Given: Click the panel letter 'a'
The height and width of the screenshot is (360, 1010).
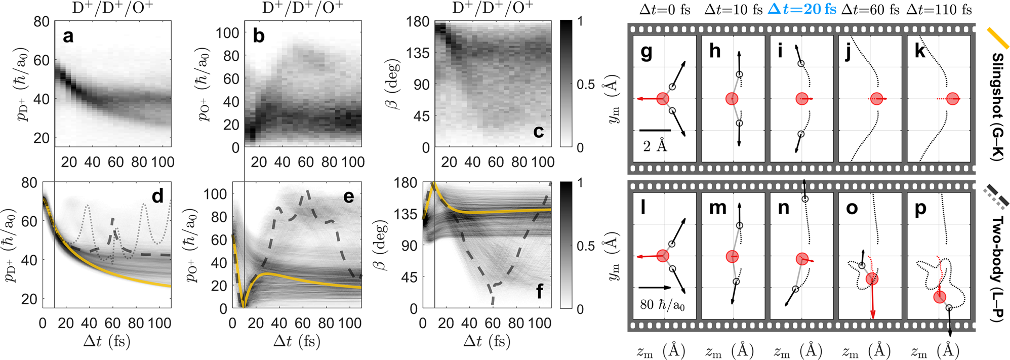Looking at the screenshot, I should coord(68,37).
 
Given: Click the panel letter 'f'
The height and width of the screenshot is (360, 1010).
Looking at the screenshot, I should coord(540,292).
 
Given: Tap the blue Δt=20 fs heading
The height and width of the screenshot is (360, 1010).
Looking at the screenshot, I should coord(802,9).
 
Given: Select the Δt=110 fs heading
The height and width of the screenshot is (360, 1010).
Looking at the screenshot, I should coord(939,9).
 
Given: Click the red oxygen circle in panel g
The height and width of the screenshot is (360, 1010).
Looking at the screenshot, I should coord(663,99).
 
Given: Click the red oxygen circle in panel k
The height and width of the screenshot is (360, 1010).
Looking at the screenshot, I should coord(953,99).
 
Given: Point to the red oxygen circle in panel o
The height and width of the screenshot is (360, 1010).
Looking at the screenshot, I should coord(872,278).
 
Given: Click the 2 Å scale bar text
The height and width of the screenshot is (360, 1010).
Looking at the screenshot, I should coord(655,146).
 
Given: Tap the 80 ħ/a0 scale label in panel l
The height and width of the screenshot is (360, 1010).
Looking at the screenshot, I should coord(662,305).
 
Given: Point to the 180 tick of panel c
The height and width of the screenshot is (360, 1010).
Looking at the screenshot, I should coord(417,21).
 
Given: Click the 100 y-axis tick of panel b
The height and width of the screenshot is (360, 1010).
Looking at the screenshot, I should coord(227,33).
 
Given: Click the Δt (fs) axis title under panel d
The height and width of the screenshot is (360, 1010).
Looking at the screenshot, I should coord(107,341).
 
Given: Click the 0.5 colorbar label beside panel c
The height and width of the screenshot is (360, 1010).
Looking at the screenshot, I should coord(586,85).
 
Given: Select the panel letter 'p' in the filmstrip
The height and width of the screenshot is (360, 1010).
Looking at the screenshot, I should coord(921,209).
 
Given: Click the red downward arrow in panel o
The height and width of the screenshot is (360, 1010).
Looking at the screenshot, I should coord(872,304).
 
